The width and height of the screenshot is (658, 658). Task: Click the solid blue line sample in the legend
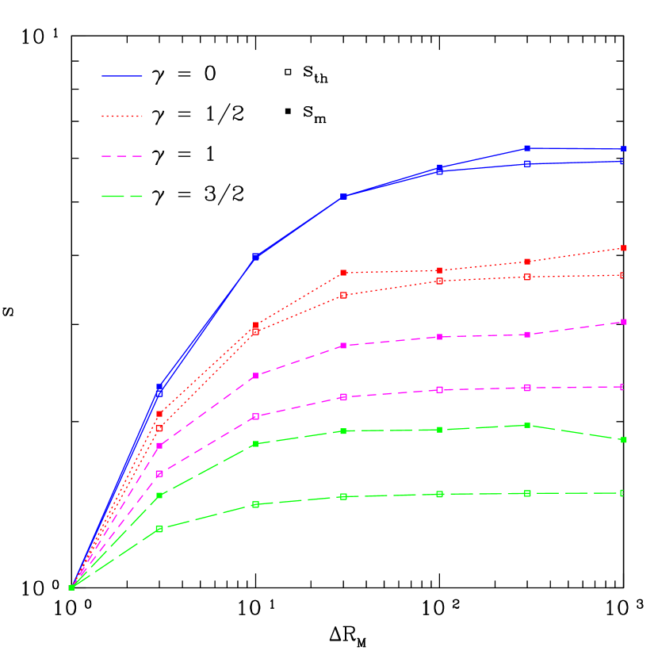tap(122, 76)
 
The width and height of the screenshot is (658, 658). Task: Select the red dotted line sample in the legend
tap(122, 116)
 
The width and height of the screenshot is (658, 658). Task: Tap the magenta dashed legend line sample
tap(122, 156)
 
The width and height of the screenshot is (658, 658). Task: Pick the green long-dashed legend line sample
tap(122, 196)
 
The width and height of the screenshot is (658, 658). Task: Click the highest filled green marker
tap(527, 426)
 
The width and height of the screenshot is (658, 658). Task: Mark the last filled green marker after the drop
tap(624, 440)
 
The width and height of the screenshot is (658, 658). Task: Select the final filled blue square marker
tap(624, 149)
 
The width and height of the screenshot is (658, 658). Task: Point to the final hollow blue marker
tap(622, 161)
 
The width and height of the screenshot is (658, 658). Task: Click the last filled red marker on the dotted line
tap(624, 248)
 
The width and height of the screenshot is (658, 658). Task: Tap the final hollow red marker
tap(622, 275)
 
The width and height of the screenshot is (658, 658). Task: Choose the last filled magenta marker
tap(624, 322)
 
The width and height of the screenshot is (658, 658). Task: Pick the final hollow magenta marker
tap(622, 387)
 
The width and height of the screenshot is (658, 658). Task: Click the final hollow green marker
tap(622, 493)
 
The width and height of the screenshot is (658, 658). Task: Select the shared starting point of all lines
tap(71, 587)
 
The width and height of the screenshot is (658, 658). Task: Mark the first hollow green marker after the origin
tap(159, 529)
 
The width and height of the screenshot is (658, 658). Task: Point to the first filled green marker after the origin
tap(159, 495)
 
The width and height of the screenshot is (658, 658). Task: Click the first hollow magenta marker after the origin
tap(159, 474)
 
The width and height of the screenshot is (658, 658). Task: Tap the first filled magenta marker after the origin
tap(159, 446)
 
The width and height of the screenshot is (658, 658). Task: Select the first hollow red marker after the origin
tap(159, 428)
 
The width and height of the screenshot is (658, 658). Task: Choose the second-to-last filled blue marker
tap(527, 148)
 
